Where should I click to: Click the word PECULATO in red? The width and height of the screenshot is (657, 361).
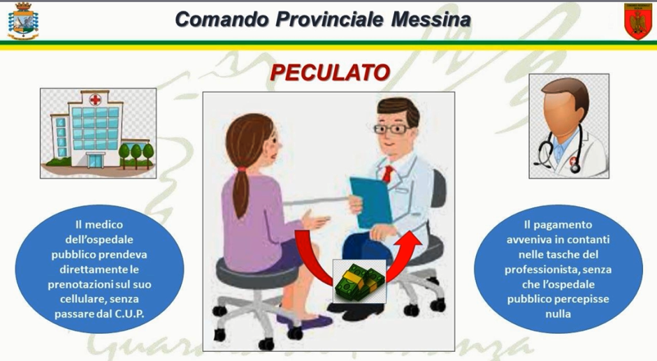[330, 73]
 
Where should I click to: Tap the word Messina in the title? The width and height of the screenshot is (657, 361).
[431, 20]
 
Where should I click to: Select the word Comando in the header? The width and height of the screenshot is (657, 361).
[222, 20]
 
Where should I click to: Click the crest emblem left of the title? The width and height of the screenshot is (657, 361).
[23, 21]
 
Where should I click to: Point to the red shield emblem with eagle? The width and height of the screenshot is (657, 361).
[637, 21]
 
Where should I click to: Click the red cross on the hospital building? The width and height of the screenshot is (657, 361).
[96, 100]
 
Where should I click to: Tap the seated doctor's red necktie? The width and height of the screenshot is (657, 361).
[388, 173]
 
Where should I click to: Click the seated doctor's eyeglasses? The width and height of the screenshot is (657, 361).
[392, 129]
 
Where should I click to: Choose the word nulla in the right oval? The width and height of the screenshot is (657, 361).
[558, 314]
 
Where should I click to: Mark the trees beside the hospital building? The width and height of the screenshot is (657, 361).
[136, 153]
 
